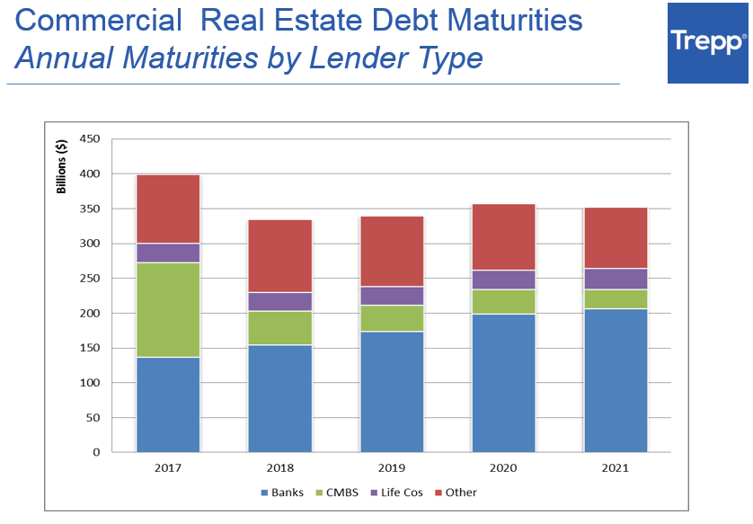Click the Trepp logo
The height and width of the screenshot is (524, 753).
tap(708, 42)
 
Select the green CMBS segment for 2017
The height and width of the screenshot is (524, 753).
tap(168, 309)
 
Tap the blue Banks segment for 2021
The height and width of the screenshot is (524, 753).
tap(616, 379)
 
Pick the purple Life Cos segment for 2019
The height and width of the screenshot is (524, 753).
tap(392, 296)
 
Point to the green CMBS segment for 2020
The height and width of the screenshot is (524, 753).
tap(503, 301)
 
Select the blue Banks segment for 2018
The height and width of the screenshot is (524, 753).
tap(279, 398)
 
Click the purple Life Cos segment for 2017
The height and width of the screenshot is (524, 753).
tap(168, 253)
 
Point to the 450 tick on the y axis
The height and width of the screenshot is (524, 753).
tap(89, 139)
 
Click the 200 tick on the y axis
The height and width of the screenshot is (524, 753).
tap(89, 314)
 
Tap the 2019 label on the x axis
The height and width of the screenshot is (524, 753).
tap(392, 468)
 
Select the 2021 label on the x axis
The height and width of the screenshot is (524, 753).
tap(616, 468)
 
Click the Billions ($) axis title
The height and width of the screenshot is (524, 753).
tap(62, 167)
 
